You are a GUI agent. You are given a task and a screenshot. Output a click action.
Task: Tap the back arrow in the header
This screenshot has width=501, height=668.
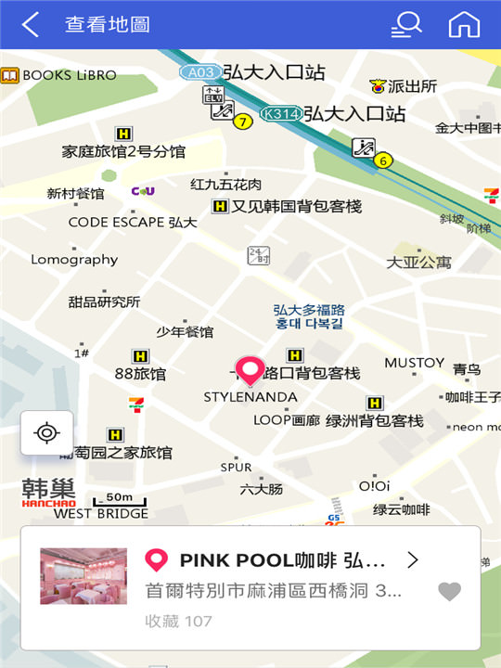coord(31,25)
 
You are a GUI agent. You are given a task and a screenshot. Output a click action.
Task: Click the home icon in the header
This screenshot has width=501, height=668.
coord(464,25)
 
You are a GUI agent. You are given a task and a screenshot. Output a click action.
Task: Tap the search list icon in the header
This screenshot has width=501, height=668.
coord(406,25)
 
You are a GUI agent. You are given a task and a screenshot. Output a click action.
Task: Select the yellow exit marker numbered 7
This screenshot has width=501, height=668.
coord(243,122)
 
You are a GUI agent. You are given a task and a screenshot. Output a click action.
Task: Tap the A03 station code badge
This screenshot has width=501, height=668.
coord(200,71)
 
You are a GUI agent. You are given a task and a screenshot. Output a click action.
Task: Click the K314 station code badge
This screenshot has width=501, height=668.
coord(280,114)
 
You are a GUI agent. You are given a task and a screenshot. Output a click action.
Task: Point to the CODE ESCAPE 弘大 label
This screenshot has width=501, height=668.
coord(133,223)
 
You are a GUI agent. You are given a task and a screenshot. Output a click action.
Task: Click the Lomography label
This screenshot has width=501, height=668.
coord(74,260)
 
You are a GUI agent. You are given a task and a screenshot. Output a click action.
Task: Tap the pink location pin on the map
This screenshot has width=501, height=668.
coord(250,369)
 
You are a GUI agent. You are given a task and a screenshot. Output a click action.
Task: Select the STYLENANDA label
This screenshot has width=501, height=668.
coord(250,397)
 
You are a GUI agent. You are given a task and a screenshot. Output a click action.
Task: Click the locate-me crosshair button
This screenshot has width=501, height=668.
coord(46,432)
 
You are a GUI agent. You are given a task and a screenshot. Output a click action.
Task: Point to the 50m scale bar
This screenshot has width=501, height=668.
coord(119,499)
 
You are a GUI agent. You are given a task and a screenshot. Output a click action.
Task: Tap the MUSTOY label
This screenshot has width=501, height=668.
coord(414,362)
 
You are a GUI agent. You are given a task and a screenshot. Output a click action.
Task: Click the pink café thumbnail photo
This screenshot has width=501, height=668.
coord(83,576)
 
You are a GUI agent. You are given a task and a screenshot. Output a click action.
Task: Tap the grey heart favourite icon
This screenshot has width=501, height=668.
coord(449,591)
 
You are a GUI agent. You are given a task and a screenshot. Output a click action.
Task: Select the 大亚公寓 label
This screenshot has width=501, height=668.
coord(418,263)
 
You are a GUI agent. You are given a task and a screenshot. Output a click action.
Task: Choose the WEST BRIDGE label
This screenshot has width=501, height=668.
coord(101,513)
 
